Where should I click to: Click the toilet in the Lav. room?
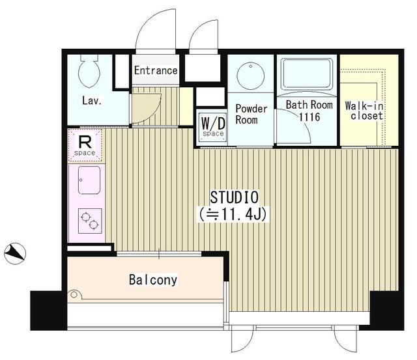coord(89,71)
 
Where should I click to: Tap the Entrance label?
coord(156,70)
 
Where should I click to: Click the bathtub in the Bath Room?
coord(307,74)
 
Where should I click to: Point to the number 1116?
coord(309,117)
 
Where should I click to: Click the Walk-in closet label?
coord(365,111)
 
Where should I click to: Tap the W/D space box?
coord(213,127)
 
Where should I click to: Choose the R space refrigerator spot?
coord(85,145)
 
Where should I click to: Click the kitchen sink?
coord(89,180)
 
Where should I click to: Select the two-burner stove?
coord(90,221)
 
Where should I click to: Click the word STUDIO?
coord(235,197)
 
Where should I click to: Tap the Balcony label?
coord(153,280)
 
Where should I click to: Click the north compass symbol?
coord(15,253)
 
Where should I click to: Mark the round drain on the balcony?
coord(74,294)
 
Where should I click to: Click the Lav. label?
coord(92,101)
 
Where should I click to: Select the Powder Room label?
coord(251,114)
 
